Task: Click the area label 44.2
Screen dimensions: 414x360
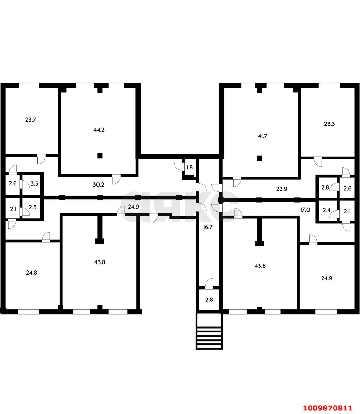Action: (99, 130)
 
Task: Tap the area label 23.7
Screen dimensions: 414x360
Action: (30, 120)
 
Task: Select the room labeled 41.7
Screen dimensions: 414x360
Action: (262, 136)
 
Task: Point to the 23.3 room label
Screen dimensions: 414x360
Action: (329, 124)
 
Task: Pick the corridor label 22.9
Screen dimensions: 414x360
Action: (281, 189)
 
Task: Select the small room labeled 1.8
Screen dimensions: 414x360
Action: (190, 168)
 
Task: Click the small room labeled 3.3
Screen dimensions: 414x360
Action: (34, 184)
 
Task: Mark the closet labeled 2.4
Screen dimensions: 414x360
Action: (326, 210)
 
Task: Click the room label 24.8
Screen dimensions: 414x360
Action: (31, 273)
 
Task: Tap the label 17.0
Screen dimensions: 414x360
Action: (305, 210)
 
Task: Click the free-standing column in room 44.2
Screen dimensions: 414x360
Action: (100, 156)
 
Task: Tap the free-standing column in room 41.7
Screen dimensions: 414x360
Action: (259, 158)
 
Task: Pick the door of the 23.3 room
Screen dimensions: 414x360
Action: (318, 161)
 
